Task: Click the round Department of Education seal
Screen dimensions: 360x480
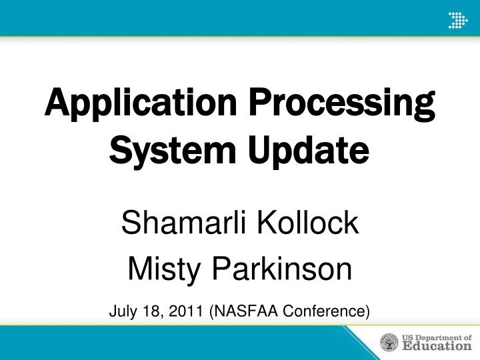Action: [x=389, y=342]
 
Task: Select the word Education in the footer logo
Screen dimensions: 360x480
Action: [x=437, y=346]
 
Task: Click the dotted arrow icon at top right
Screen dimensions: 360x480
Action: [x=457, y=19]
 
